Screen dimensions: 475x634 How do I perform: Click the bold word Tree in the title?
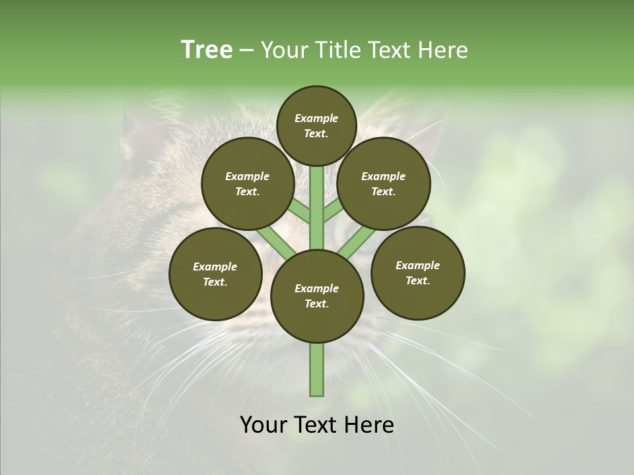[207, 50]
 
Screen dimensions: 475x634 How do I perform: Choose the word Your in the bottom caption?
[264, 425]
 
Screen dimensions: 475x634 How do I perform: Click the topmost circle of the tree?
[317, 125]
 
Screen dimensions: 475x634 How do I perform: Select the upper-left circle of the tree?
[248, 184]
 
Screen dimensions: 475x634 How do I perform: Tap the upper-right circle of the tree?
[384, 184]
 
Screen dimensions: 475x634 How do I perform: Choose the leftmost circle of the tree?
[215, 274]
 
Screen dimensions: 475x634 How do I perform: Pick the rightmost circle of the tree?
[417, 272]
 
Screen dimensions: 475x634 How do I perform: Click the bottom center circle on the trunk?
[317, 296]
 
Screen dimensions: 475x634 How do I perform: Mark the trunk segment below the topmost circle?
[317, 198]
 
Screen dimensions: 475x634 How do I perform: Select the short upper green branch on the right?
[333, 211]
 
